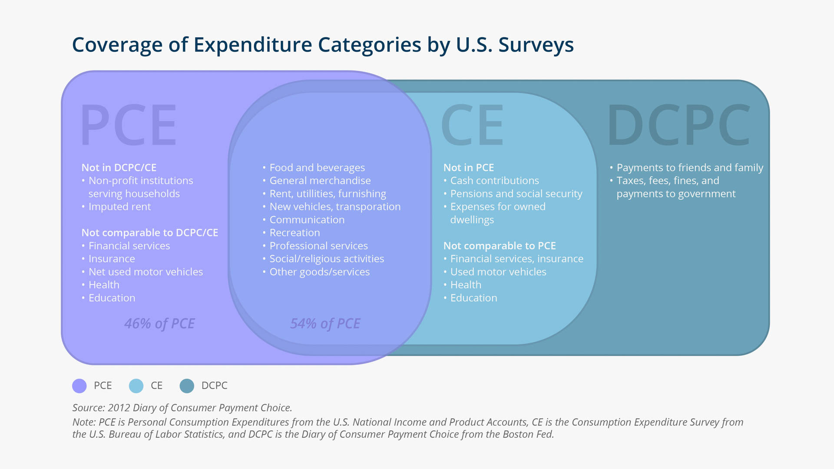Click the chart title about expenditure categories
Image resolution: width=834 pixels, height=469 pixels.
click(x=323, y=45)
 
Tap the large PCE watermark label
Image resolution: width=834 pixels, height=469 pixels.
click(x=129, y=125)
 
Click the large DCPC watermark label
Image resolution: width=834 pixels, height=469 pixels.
click(x=678, y=125)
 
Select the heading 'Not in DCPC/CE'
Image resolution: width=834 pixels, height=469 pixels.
click(x=119, y=168)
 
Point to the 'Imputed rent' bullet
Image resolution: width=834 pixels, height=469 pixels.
click(x=119, y=207)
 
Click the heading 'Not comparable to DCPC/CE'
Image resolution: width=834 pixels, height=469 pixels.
click(x=150, y=233)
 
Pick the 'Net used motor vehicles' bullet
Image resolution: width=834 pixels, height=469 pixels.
click(x=146, y=272)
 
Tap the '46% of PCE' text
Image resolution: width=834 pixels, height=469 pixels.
click(x=159, y=324)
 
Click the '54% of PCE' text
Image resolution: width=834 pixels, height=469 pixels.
click(x=325, y=324)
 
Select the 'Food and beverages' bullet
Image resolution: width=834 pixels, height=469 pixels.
click(x=317, y=168)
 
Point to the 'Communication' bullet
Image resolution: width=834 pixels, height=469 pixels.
click(x=307, y=220)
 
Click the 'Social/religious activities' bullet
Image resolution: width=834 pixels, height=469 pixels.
click(x=327, y=259)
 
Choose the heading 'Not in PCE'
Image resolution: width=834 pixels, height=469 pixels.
click(x=469, y=168)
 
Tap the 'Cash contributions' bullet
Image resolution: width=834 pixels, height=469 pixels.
click(x=494, y=181)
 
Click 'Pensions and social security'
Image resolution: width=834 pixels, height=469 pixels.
click(x=516, y=194)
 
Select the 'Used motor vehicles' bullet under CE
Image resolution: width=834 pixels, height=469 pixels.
click(x=498, y=272)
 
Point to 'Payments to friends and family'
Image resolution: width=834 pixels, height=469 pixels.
click(x=690, y=168)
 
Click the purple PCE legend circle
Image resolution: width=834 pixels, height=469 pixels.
click(x=79, y=386)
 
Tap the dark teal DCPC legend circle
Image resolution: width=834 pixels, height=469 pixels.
click(x=187, y=386)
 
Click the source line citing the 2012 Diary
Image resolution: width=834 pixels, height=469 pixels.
click(x=182, y=408)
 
